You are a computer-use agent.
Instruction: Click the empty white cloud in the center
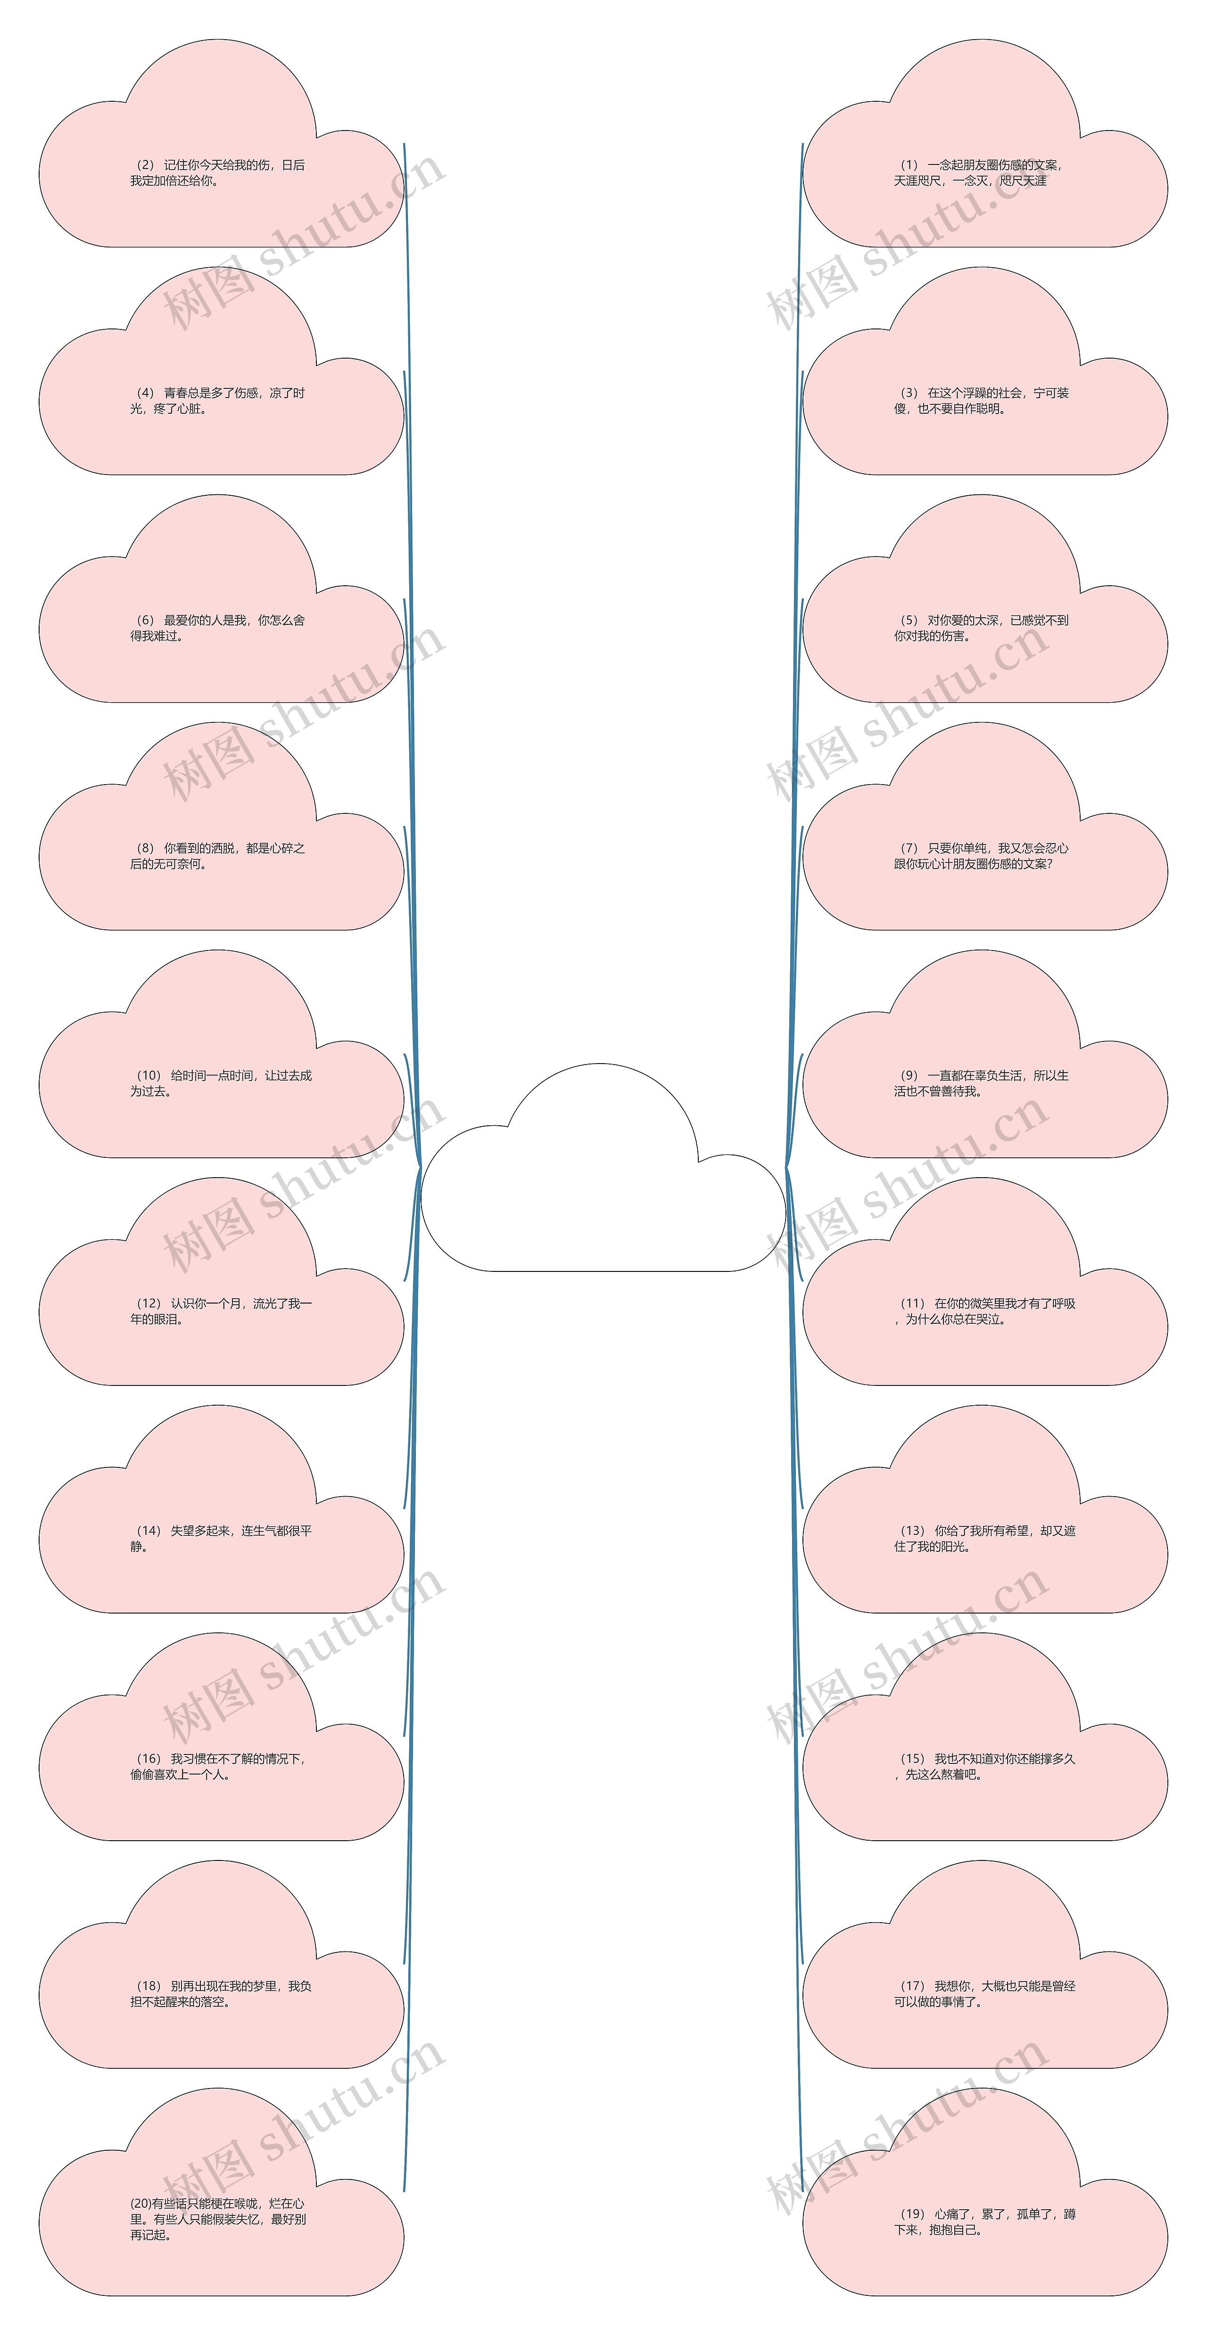point(603,1168)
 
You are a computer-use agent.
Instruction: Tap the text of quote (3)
point(981,401)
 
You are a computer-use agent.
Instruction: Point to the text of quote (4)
point(218,401)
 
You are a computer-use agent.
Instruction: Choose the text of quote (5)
point(981,628)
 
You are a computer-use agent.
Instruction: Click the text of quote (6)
point(218,628)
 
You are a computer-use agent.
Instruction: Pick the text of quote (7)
point(981,856)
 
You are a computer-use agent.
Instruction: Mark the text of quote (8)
point(218,856)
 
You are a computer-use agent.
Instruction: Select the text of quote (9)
point(981,1083)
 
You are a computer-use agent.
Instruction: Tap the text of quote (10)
point(221,1083)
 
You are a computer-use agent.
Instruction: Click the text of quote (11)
point(985,1311)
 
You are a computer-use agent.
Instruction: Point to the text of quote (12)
point(221,1311)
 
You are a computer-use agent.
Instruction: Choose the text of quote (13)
point(985,1538)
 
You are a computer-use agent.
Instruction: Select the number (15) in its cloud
point(912,1759)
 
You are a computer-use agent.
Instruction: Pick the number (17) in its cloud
point(912,1986)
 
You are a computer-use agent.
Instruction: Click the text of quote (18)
point(221,1993)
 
